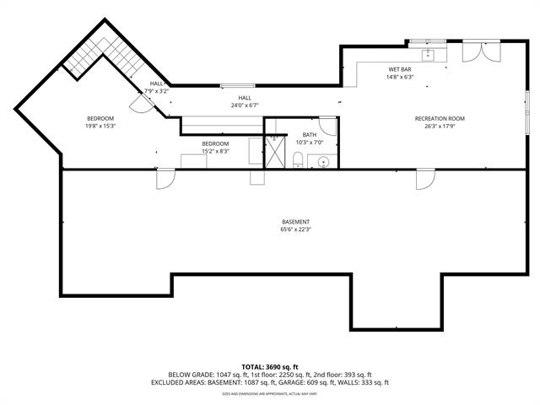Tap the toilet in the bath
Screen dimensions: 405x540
(x=298, y=159)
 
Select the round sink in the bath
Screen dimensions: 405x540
(x=321, y=160)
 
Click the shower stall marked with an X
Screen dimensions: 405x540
(x=275, y=152)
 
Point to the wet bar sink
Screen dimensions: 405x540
(x=427, y=55)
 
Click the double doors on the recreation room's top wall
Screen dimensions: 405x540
(x=475, y=52)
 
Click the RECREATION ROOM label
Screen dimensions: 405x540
(x=440, y=119)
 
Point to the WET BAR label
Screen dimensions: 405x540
(x=400, y=69)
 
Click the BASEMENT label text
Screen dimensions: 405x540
(x=295, y=222)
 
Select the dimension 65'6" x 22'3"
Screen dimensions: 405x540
(x=295, y=229)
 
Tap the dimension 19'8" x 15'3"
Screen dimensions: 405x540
(x=100, y=126)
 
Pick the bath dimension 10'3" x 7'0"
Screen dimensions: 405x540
(x=310, y=143)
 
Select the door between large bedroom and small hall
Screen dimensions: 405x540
(x=137, y=100)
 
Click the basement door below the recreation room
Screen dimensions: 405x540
(x=425, y=179)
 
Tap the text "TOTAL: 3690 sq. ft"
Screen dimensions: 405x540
(x=270, y=367)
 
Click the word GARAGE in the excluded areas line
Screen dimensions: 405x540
(x=292, y=382)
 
